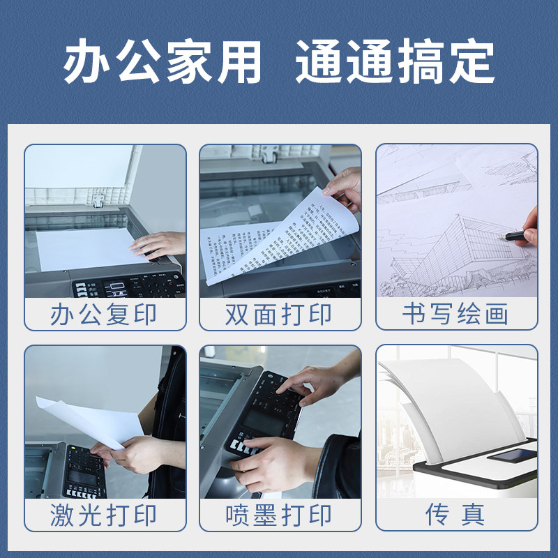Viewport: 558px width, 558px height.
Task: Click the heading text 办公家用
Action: click(x=163, y=63)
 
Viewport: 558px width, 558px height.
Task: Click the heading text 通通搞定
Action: click(x=395, y=63)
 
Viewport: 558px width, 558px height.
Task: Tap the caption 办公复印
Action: click(x=104, y=315)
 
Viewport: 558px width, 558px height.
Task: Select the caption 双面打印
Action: click(x=279, y=315)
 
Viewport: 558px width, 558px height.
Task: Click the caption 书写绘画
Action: click(x=455, y=315)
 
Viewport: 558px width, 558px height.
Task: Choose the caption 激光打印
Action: click(x=104, y=515)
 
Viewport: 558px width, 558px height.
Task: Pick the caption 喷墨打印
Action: click(x=279, y=515)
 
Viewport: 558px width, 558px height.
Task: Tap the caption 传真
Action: click(x=455, y=515)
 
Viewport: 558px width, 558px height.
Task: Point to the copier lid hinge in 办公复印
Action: click(x=100, y=199)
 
